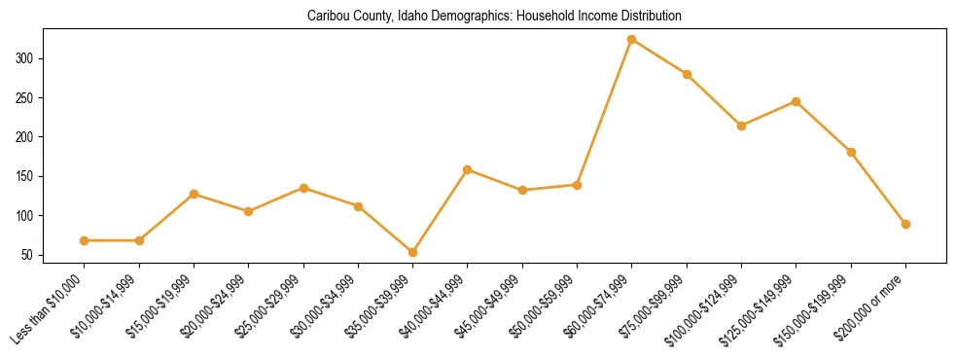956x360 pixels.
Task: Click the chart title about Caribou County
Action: tap(494, 17)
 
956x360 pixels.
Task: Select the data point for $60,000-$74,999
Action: tap(632, 40)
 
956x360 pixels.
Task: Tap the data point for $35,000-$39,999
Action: tap(413, 252)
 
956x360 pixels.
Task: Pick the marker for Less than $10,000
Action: tap(85, 240)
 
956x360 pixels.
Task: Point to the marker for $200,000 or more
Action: tap(906, 224)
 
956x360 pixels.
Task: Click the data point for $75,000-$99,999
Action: tap(688, 74)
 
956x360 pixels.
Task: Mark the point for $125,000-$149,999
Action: tap(797, 101)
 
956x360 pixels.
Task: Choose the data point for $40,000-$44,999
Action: tap(468, 169)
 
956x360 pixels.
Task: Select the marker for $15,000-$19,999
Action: tap(195, 194)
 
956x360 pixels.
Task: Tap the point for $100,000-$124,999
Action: tap(742, 126)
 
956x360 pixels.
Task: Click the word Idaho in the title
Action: tap(414, 17)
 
